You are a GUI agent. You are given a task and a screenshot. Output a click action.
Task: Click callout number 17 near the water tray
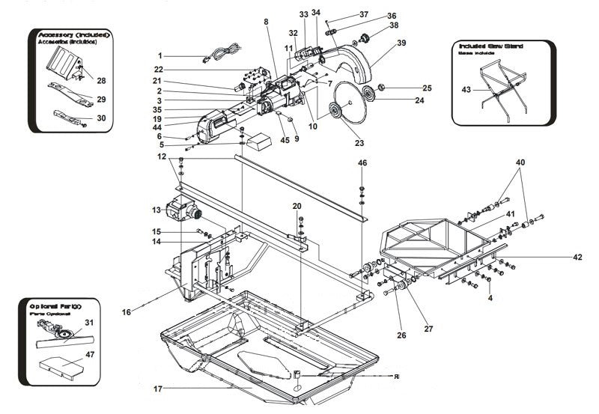[x=158, y=388]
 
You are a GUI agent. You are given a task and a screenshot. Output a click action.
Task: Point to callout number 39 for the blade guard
[x=401, y=43]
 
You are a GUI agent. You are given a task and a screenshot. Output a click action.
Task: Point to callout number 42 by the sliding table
[x=577, y=257]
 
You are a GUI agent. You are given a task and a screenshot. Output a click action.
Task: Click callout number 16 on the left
[x=127, y=311]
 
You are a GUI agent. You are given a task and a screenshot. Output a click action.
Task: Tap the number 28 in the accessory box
[x=101, y=80]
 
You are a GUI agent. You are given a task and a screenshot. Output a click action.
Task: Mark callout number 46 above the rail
[x=362, y=162]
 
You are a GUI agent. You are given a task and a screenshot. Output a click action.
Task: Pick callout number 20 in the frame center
[x=297, y=206]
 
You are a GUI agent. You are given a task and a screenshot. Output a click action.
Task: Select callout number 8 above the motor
[x=266, y=22]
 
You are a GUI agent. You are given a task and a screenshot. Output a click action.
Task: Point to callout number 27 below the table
[x=429, y=327]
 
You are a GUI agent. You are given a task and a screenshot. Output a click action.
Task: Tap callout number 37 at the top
[x=364, y=14]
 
